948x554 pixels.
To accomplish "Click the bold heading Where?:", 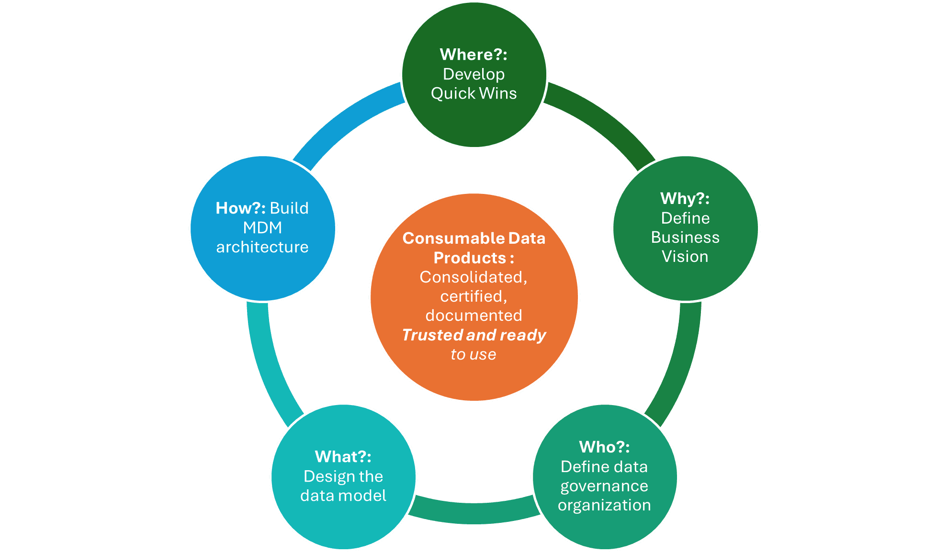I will click(x=473, y=55).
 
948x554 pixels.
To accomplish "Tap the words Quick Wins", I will click(x=474, y=93).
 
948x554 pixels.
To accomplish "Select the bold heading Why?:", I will click(x=685, y=198).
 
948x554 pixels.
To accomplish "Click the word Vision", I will click(x=685, y=257).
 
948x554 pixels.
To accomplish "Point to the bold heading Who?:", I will click(x=604, y=447).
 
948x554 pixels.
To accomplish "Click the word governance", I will click(x=604, y=486).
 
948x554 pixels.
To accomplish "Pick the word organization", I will click(x=604, y=505).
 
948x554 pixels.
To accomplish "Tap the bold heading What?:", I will click(x=343, y=456).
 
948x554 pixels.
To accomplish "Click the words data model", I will click(x=343, y=496).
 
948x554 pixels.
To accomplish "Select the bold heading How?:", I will click(x=240, y=208).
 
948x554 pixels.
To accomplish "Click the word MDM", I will click(x=262, y=228).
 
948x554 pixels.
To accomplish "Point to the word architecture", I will click(x=262, y=247).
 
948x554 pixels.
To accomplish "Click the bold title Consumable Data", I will click(x=474, y=238).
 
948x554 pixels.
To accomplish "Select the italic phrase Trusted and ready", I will click(x=474, y=335).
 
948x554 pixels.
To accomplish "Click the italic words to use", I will click(x=474, y=355).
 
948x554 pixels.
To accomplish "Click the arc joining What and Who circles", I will click(x=474, y=512).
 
